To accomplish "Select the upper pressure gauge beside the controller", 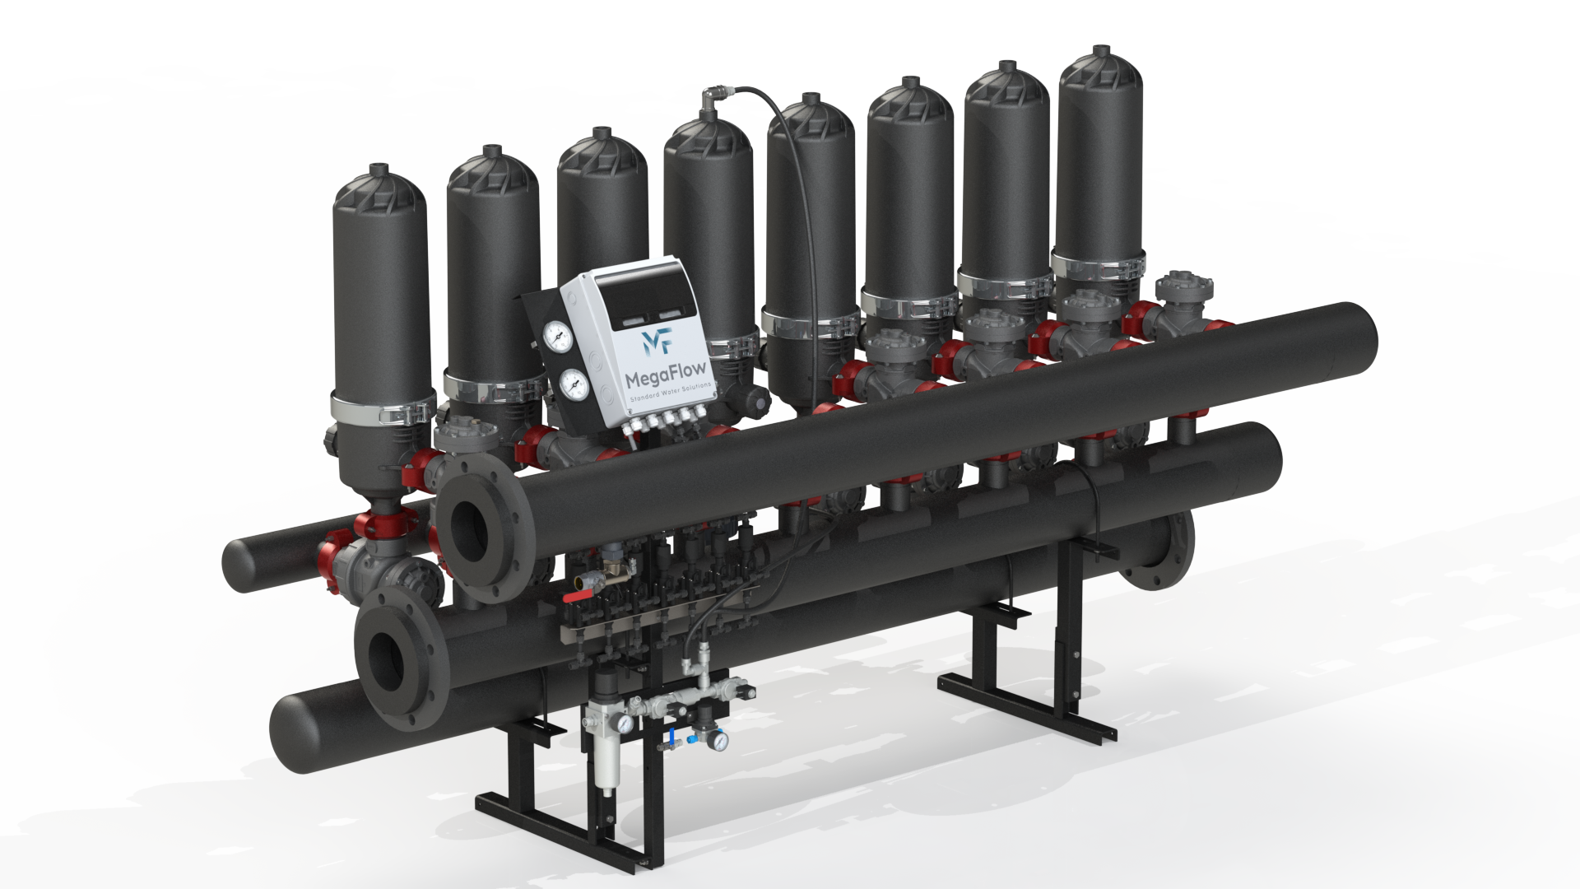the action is (x=556, y=334).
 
